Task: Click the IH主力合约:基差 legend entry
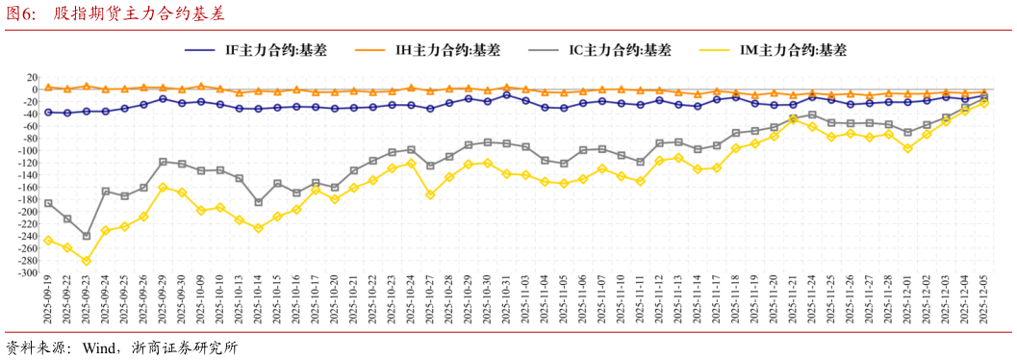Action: [441, 50]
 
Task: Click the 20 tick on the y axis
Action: [32, 77]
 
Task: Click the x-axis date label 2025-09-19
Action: [48, 299]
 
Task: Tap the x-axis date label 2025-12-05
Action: [984, 299]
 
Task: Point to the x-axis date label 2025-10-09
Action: [201, 299]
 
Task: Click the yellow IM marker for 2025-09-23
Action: [86, 261]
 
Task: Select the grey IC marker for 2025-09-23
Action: [86, 236]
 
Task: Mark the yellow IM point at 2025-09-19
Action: [48, 241]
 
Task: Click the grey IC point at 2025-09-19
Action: [48, 203]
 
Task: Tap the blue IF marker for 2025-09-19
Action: [48, 113]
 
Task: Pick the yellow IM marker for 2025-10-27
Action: [430, 194]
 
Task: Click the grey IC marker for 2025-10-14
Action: [258, 202]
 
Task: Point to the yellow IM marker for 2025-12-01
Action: [907, 148]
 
